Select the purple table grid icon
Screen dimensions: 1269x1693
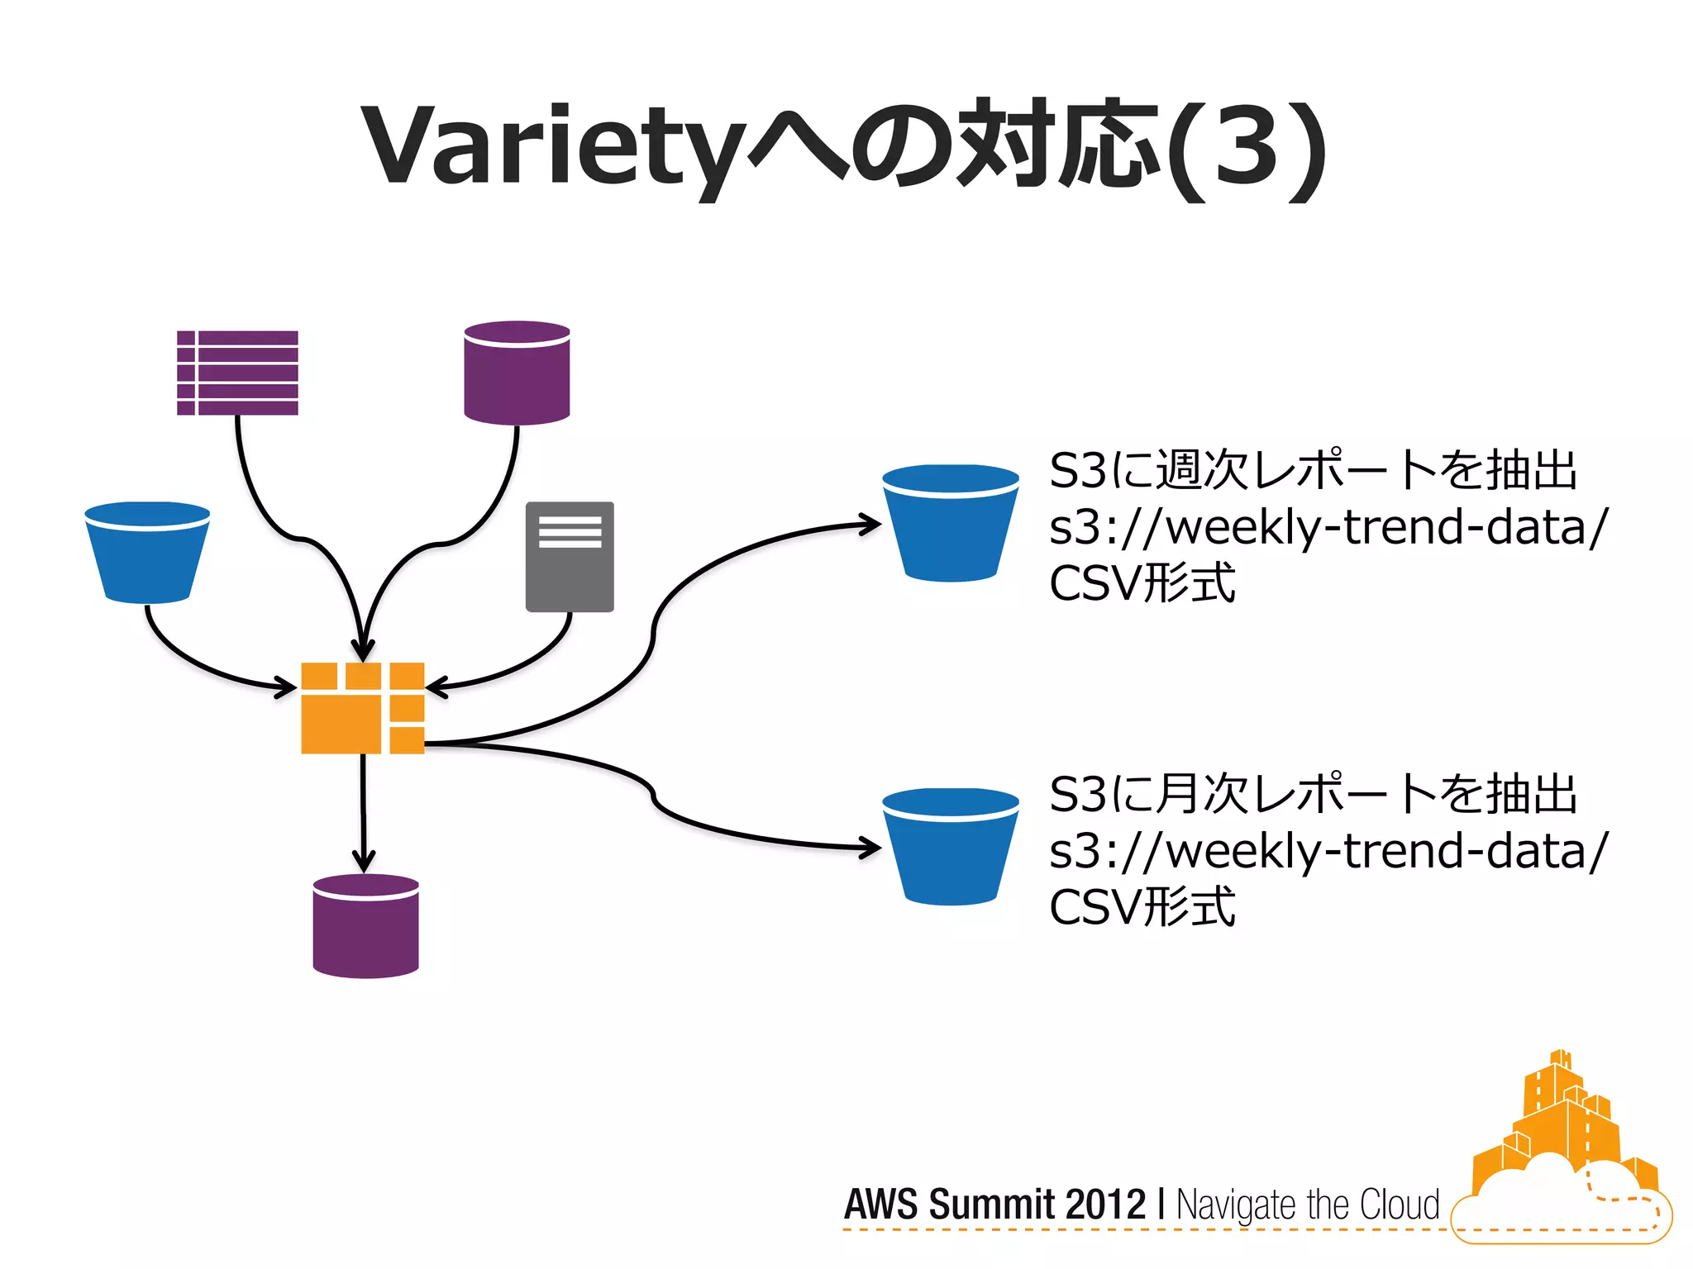pos(237,373)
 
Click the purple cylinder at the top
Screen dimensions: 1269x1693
pos(517,373)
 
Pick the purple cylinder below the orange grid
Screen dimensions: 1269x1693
pos(365,926)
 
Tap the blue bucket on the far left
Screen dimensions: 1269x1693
pos(147,552)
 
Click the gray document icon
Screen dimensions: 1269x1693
pos(570,556)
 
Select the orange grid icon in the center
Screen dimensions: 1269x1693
pos(362,708)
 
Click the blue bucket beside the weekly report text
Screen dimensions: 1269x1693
pos(950,523)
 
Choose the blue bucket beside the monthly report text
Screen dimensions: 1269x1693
pos(950,847)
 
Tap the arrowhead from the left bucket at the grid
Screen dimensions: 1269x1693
pos(287,687)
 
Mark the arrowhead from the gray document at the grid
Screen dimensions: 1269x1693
pos(436,687)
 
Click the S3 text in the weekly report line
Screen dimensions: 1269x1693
pos(1077,471)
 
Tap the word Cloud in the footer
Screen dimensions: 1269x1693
pos(1400,1205)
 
